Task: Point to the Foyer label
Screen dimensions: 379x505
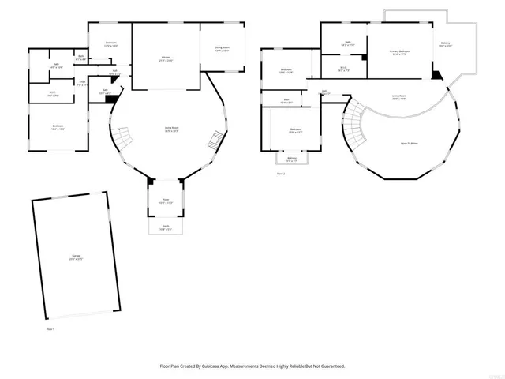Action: click(x=166, y=201)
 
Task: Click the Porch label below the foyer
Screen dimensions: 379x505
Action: click(x=166, y=229)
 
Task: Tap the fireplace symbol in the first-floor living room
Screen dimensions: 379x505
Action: click(x=213, y=142)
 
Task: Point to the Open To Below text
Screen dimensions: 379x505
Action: click(x=409, y=143)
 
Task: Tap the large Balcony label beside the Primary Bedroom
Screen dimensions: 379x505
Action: click(x=446, y=44)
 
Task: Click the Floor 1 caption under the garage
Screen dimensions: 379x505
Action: click(x=50, y=328)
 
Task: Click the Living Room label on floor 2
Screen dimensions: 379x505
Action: click(x=399, y=96)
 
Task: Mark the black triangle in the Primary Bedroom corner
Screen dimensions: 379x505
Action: click(x=436, y=75)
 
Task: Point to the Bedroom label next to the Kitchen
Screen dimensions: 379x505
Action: click(x=110, y=45)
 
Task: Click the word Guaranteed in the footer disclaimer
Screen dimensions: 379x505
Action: click(x=331, y=366)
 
